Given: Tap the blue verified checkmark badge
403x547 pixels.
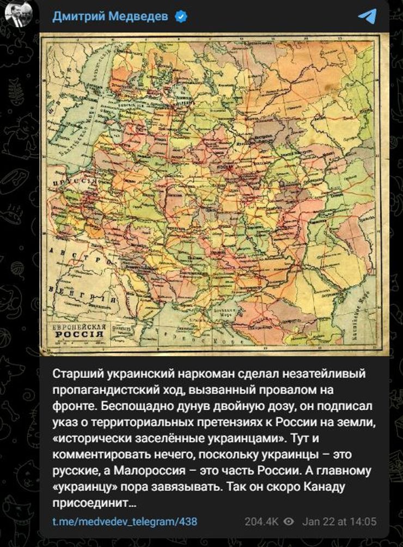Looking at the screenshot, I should point(181,17).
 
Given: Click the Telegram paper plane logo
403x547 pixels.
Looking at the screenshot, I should point(368,16).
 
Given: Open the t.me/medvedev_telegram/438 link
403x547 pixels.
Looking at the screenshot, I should point(125,521).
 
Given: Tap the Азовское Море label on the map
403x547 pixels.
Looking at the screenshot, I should point(240,312).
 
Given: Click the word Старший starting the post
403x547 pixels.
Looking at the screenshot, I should point(77,375).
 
